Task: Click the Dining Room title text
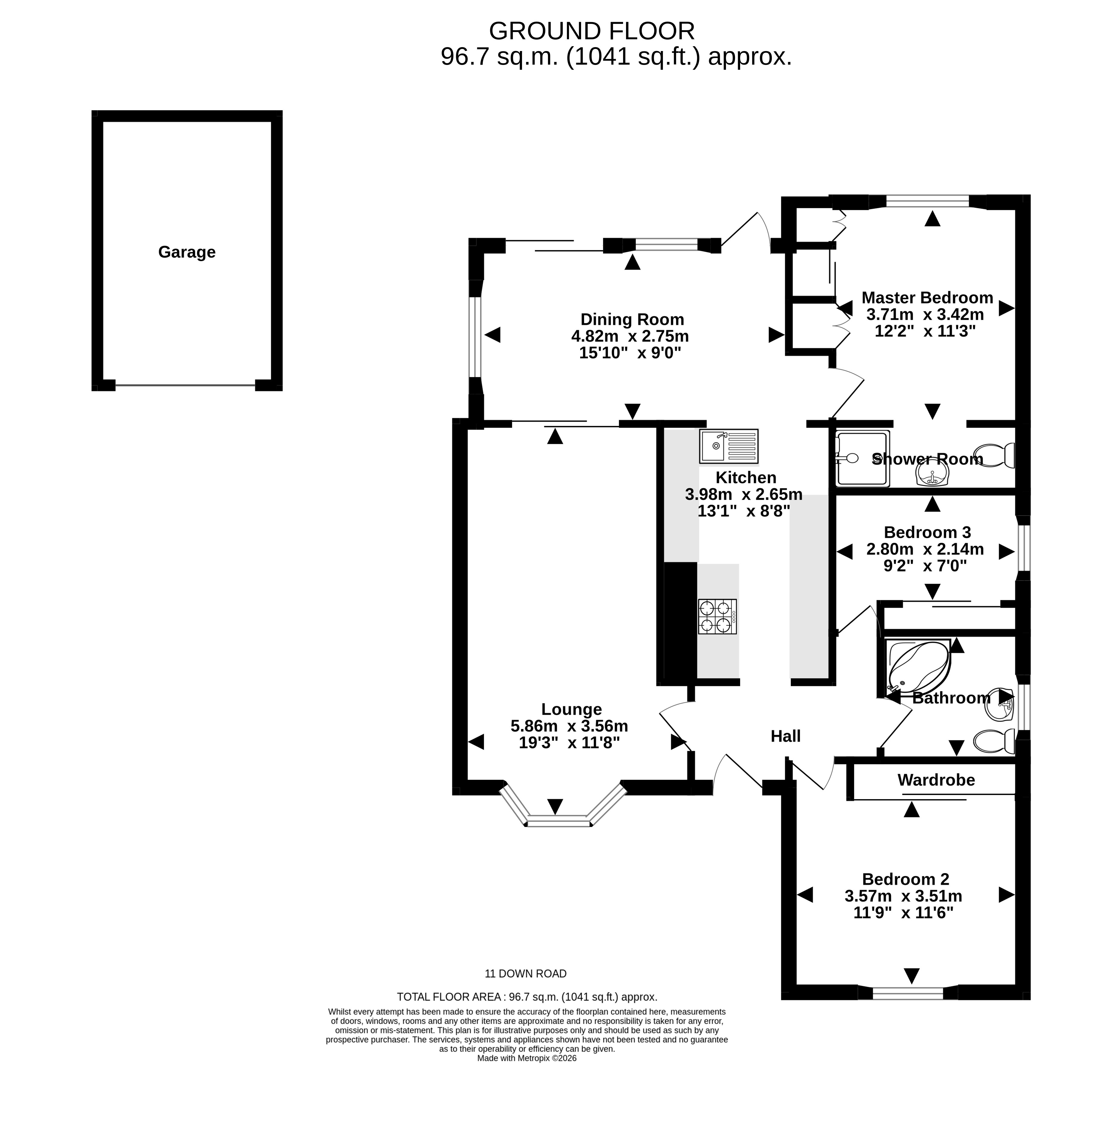pyautogui.click(x=632, y=319)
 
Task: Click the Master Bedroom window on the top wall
pyautogui.click(x=927, y=201)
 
